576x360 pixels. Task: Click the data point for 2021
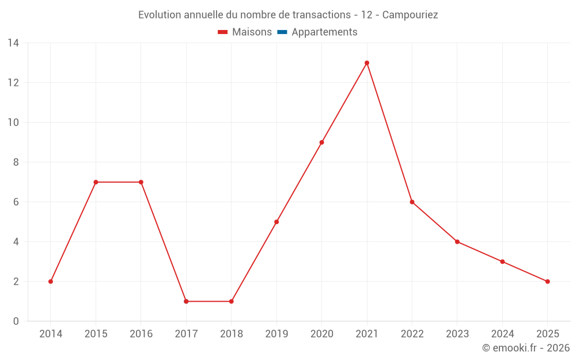(x=367, y=63)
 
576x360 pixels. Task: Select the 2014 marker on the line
(x=51, y=282)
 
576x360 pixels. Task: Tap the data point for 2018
(x=232, y=301)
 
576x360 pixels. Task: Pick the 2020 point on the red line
(x=321, y=142)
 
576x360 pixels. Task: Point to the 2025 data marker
(x=547, y=282)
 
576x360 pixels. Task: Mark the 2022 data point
(x=412, y=202)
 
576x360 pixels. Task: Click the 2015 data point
(x=96, y=182)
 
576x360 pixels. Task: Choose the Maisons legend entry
(x=252, y=32)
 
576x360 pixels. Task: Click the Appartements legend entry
(x=324, y=32)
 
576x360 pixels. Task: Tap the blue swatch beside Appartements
(x=282, y=32)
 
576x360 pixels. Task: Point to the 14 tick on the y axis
(x=13, y=43)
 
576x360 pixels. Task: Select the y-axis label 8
(x=16, y=162)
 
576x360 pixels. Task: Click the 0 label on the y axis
(x=16, y=321)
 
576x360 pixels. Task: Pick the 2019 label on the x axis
(x=276, y=334)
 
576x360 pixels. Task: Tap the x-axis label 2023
(x=457, y=334)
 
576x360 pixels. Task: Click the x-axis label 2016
(x=141, y=334)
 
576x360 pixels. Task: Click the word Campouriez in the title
(x=410, y=15)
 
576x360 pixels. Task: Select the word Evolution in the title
(x=160, y=15)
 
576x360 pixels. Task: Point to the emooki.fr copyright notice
(x=526, y=348)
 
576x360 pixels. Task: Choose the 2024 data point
(x=502, y=262)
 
